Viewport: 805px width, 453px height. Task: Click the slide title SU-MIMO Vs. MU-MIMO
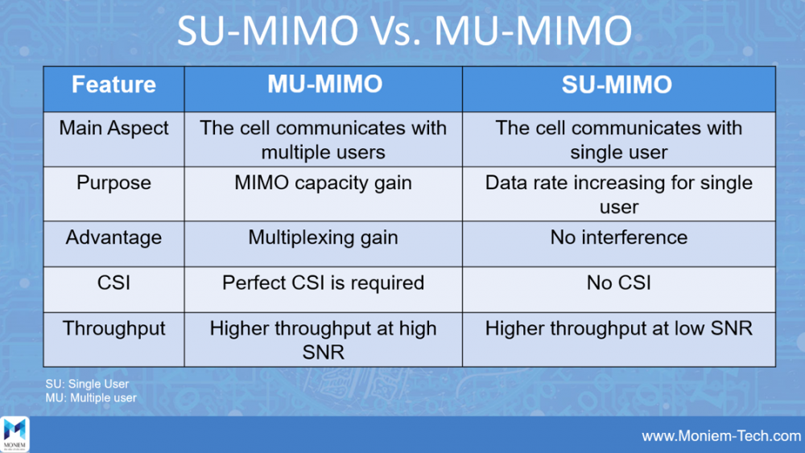(404, 31)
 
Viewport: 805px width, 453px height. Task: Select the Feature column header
(114, 84)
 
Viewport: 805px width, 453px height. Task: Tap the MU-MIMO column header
(324, 84)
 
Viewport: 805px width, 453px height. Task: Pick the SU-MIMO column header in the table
(617, 84)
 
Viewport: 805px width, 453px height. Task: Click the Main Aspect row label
(114, 128)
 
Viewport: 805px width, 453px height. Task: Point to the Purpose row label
(114, 183)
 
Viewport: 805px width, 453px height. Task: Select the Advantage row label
(114, 237)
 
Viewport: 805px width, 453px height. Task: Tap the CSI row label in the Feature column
(114, 282)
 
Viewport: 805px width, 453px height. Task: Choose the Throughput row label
(114, 328)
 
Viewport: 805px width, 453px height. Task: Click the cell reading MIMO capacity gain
(323, 183)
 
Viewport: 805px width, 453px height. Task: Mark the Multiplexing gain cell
(323, 237)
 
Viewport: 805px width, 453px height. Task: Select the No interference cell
(618, 237)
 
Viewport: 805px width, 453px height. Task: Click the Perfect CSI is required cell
(323, 282)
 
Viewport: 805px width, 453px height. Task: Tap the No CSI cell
(618, 282)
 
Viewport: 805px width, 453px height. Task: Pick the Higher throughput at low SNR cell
(618, 328)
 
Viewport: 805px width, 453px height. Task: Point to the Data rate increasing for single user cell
(618, 195)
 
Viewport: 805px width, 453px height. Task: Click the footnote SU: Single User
(87, 384)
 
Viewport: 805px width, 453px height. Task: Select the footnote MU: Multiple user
(91, 397)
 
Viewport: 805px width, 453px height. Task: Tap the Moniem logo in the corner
(14, 434)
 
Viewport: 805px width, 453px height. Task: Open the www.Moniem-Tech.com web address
(721, 436)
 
